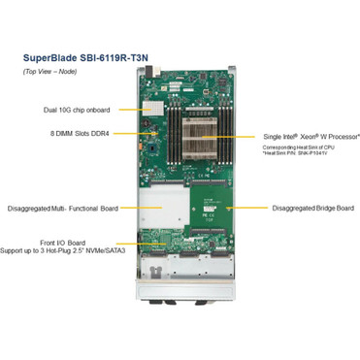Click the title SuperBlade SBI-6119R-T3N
point(86,57)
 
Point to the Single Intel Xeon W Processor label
point(310,138)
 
